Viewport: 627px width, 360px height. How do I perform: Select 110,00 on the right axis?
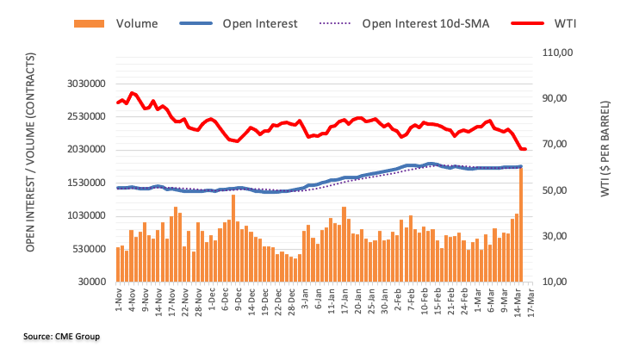click(556, 53)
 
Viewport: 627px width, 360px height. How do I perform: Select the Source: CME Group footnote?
click(62, 336)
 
